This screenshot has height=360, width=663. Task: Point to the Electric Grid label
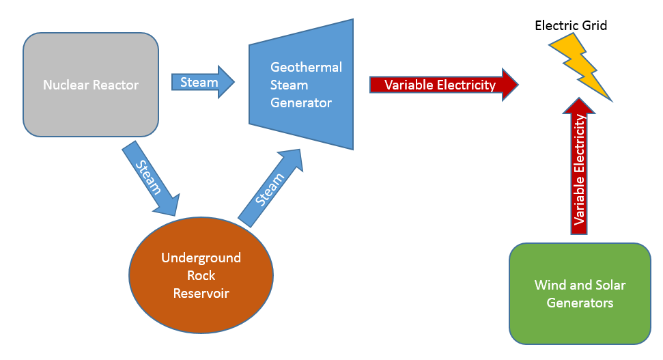pyautogui.click(x=571, y=26)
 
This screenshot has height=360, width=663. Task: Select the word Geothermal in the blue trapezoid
pyautogui.click(x=306, y=68)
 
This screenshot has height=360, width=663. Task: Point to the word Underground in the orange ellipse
pyautogui.click(x=201, y=258)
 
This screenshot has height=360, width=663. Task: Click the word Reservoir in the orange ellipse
pyautogui.click(x=201, y=294)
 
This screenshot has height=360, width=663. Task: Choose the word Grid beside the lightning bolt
pyautogui.click(x=593, y=26)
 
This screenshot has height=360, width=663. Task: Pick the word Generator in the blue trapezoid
pyautogui.click(x=301, y=103)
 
